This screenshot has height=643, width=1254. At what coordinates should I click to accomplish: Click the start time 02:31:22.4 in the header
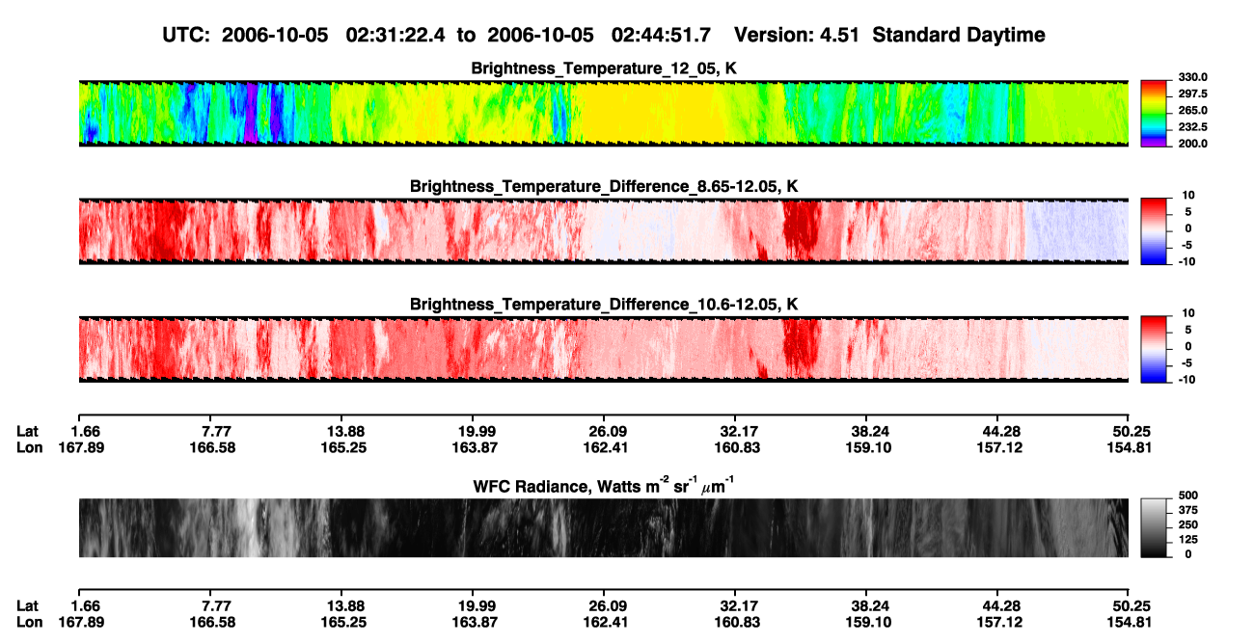click(395, 36)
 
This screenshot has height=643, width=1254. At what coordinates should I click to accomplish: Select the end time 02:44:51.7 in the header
click(661, 36)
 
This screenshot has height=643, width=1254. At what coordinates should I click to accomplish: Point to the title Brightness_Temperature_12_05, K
click(604, 68)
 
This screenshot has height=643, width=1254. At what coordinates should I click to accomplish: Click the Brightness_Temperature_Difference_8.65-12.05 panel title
click(604, 186)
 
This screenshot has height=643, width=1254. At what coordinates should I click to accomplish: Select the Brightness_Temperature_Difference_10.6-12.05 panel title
click(604, 305)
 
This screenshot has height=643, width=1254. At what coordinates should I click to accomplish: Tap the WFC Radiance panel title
click(604, 486)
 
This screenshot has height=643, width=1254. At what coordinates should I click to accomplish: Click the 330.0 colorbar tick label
click(1192, 77)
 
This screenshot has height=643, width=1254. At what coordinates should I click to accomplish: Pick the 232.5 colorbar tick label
click(1192, 127)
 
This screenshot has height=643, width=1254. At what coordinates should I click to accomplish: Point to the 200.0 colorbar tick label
click(1192, 144)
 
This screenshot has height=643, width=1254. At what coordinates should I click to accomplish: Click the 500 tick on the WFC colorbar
click(1188, 496)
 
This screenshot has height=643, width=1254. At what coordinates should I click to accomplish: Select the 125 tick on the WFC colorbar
click(1188, 540)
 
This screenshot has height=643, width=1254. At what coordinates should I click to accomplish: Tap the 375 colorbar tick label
click(1188, 510)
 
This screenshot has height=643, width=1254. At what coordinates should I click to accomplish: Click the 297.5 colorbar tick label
click(1192, 94)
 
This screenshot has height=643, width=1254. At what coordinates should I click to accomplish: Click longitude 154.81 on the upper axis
click(1130, 447)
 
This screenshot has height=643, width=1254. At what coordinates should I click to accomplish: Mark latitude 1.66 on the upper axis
click(86, 432)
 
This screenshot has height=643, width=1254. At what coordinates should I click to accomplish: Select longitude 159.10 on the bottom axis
click(868, 623)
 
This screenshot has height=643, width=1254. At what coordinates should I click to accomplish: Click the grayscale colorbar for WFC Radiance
click(1155, 527)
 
